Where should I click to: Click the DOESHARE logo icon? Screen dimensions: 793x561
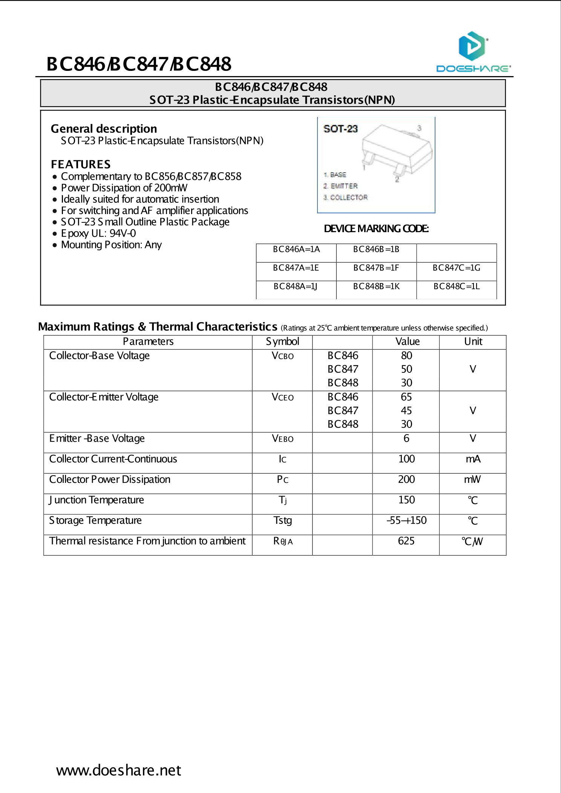coord(472,46)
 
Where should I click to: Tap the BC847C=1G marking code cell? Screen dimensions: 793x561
coord(456,268)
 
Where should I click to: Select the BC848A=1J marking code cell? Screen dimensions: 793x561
coord(296,286)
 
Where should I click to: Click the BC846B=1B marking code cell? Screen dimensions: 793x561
coord(376,250)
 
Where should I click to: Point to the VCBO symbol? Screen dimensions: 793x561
coord(282,356)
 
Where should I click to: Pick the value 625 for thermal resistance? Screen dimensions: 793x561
coord(406,541)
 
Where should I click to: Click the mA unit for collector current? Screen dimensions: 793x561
coord(473,459)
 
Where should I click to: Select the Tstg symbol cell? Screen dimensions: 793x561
coord(282,521)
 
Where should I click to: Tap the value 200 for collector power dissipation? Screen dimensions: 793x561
coord(406,479)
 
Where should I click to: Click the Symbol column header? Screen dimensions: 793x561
coord(282,341)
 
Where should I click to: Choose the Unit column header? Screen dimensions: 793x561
coord(473,341)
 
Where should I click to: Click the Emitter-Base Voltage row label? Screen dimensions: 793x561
coord(97,439)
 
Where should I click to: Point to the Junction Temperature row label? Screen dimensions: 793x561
coord(97,500)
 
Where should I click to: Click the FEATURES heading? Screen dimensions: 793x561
coord(81,164)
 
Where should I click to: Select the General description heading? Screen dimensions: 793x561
coord(104,129)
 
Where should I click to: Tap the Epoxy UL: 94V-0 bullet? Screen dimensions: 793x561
coord(98,233)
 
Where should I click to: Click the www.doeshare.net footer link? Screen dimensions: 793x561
coord(118,770)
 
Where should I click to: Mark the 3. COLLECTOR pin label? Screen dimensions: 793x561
coord(345,197)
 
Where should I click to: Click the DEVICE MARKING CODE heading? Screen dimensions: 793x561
coord(376,229)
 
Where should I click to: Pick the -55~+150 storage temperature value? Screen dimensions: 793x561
coord(406,521)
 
